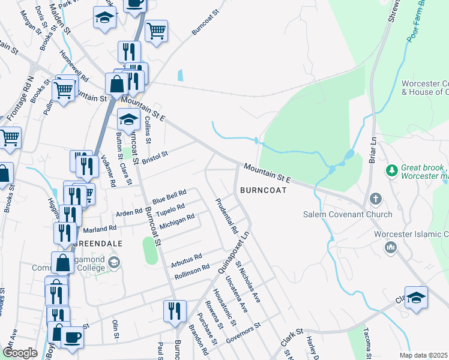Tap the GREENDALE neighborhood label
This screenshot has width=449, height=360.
click(98, 244)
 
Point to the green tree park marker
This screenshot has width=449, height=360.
click(392, 171)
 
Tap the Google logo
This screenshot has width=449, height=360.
click(20, 353)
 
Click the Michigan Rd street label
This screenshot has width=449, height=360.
click(177, 220)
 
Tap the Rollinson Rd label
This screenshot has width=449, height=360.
click(191, 272)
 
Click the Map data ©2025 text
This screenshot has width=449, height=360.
click(423, 355)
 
